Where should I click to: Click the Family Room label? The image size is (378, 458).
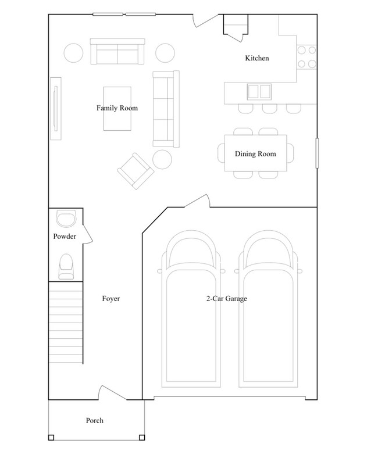pyautogui.click(x=117, y=108)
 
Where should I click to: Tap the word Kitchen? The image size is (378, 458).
pyautogui.click(x=256, y=59)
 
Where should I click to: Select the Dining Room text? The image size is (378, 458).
pyautogui.click(x=255, y=154)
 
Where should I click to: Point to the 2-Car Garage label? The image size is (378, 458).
pyautogui.click(x=227, y=299)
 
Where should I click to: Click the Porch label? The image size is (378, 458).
pyautogui.click(x=94, y=420)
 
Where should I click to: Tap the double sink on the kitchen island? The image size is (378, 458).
pyautogui.click(x=259, y=91)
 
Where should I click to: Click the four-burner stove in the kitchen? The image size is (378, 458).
pyautogui.click(x=306, y=56)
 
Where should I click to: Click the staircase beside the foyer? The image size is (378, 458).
pyautogui.click(x=65, y=320)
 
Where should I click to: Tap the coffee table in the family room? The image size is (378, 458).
pyautogui.click(x=117, y=109)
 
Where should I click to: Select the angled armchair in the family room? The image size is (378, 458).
pyautogui.click(x=135, y=171)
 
